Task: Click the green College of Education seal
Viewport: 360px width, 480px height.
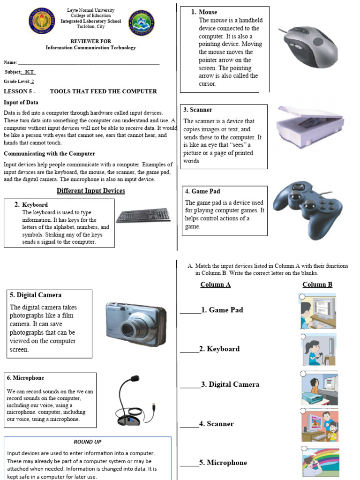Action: tap(141, 22)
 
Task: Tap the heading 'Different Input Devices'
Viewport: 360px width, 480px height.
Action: tap(91, 191)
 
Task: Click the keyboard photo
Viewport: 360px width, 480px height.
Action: tap(143, 215)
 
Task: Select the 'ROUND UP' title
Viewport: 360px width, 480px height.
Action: tap(87, 442)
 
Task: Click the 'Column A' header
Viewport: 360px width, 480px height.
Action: tap(215, 285)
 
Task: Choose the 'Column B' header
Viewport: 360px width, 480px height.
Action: tap(317, 285)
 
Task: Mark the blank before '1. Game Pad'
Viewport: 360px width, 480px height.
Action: tap(190, 310)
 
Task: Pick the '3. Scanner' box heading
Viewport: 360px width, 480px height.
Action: tap(198, 110)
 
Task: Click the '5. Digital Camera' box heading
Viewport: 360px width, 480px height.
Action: tap(36, 295)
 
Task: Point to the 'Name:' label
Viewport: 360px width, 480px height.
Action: tap(10, 62)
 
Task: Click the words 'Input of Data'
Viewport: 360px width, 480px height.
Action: tap(21, 102)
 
